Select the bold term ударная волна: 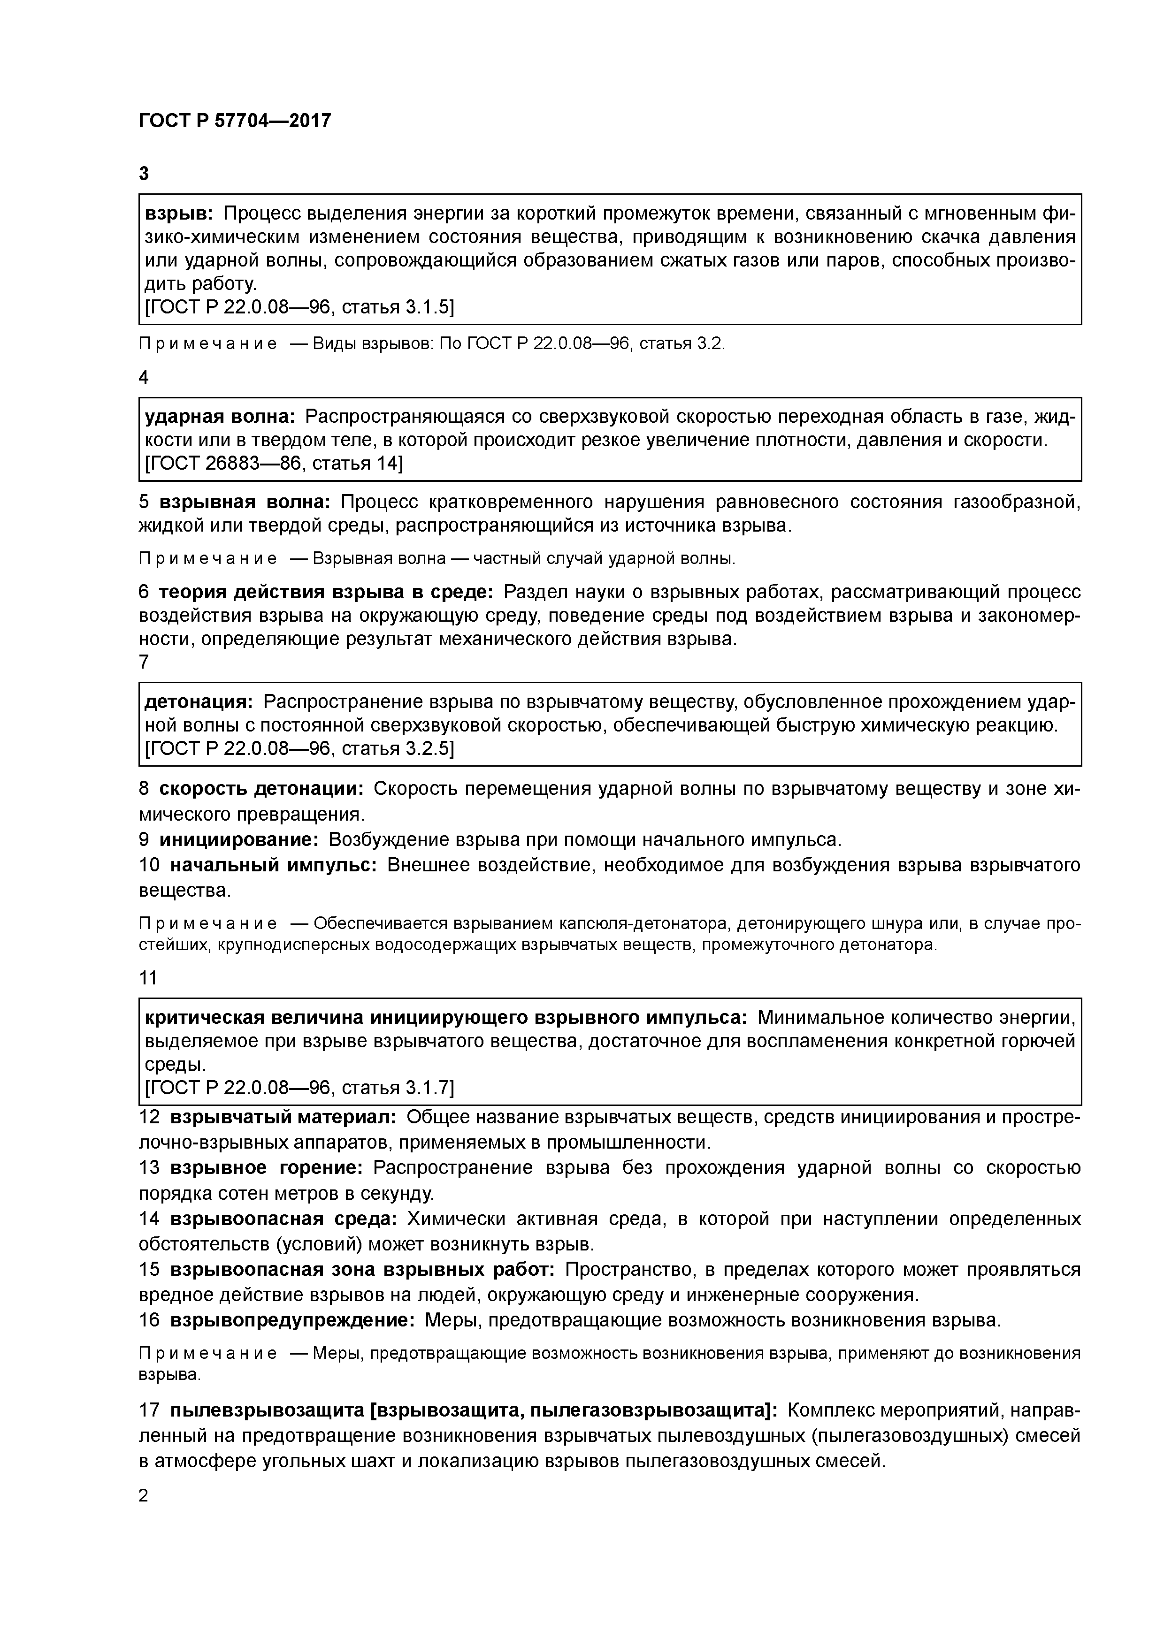pyautogui.click(x=220, y=417)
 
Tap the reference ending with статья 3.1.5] pyautogui.click(x=300, y=307)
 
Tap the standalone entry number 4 pyautogui.click(x=144, y=377)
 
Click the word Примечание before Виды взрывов pyautogui.click(x=208, y=344)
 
